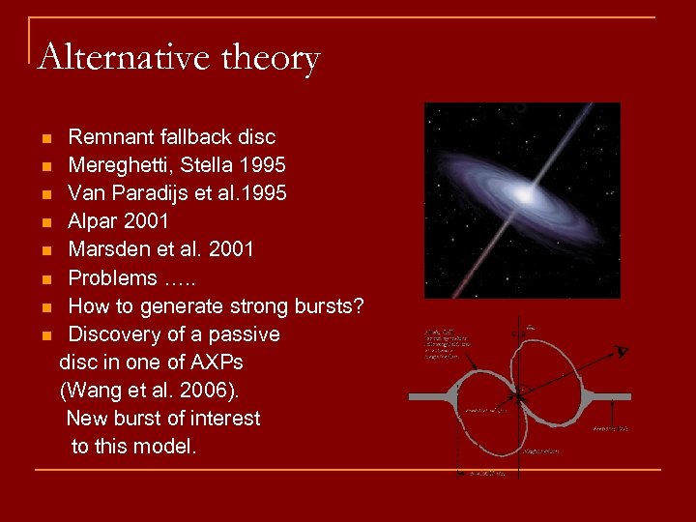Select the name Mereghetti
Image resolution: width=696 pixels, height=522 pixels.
click(122, 165)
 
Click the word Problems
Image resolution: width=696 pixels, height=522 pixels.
click(112, 278)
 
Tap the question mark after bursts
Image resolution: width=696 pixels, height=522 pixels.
click(358, 306)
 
